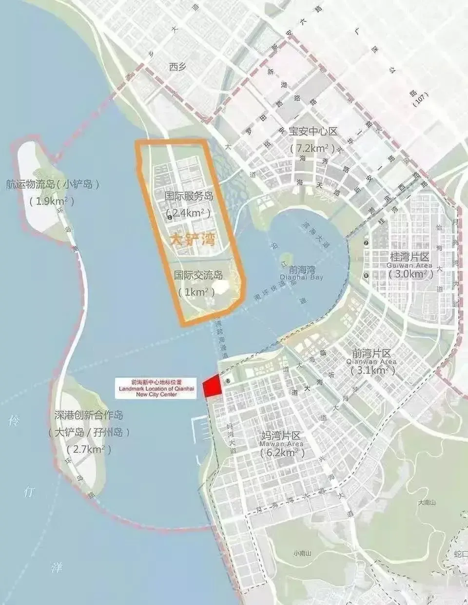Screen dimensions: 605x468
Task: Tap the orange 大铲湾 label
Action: [x=193, y=240]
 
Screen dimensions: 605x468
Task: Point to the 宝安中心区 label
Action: [x=313, y=132]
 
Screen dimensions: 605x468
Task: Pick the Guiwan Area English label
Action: [x=409, y=265]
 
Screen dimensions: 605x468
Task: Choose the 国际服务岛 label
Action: [x=189, y=196]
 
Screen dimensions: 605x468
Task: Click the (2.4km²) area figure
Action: [x=189, y=213]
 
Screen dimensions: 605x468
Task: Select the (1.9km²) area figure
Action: [x=53, y=201]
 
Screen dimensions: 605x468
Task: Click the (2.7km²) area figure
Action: [x=89, y=449]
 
